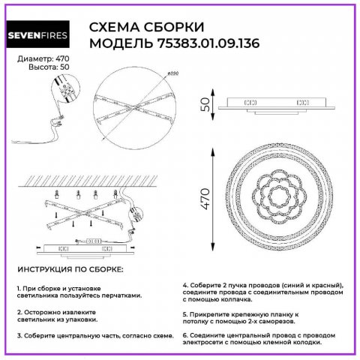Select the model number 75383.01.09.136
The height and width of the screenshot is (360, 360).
(217, 44)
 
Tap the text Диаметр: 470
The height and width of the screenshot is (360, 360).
(39, 58)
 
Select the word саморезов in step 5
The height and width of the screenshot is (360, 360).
(282, 322)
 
